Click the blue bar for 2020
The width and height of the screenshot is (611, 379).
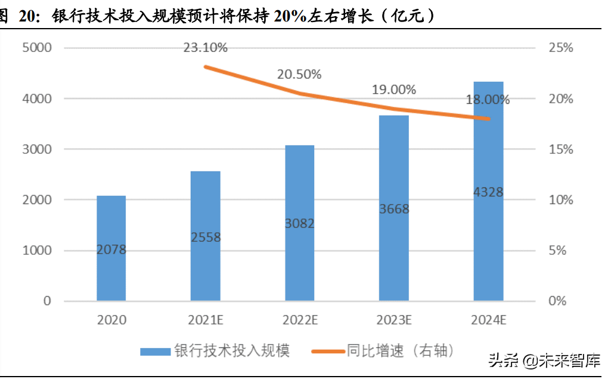[x=111, y=248]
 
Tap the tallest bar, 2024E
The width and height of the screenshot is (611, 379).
[x=488, y=191]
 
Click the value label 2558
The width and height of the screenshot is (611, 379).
[x=206, y=237]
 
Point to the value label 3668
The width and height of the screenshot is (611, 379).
[x=393, y=209]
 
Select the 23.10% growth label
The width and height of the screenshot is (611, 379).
[x=205, y=48]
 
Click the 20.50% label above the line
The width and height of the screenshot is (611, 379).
[x=299, y=75]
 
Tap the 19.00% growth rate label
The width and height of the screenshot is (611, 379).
[x=393, y=90]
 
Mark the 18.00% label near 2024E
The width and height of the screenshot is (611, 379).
[x=488, y=100]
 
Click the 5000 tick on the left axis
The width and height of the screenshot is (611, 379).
[x=37, y=48]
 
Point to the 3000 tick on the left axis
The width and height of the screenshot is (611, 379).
[x=37, y=149]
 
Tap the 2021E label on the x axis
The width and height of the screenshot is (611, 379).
[x=206, y=321]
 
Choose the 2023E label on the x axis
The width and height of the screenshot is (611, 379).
[x=393, y=321]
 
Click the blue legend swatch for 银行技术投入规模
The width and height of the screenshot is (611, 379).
[x=154, y=352]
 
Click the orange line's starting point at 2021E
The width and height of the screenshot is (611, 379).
[x=205, y=67]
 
